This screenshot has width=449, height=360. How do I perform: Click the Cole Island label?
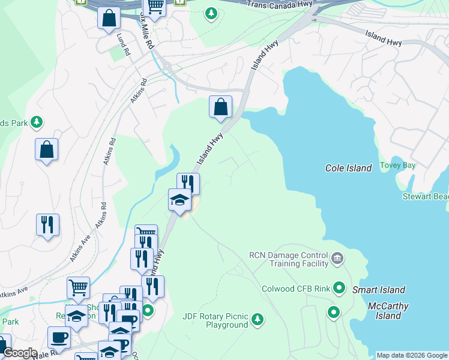(x=349, y=168)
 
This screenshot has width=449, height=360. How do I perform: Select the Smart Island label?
(x=378, y=290)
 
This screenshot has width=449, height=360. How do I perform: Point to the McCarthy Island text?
(x=388, y=311)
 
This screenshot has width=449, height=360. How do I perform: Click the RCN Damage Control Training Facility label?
(x=290, y=259)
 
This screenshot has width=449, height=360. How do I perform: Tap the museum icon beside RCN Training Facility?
(x=337, y=259)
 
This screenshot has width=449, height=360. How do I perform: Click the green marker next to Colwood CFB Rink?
(x=339, y=289)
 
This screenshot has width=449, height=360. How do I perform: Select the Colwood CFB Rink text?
(x=296, y=289)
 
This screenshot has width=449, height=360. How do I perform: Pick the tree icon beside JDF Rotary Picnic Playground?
(x=258, y=318)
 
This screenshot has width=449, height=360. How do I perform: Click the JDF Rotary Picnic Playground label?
(x=215, y=320)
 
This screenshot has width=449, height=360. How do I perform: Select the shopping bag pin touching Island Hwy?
(x=220, y=107)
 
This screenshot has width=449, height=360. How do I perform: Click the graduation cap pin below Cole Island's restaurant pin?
(x=179, y=199)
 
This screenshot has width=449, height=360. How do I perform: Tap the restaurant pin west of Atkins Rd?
(x=47, y=225)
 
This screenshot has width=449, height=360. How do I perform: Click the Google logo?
(x=19, y=353)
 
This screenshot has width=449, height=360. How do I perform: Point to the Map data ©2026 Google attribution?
(x=411, y=355)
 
